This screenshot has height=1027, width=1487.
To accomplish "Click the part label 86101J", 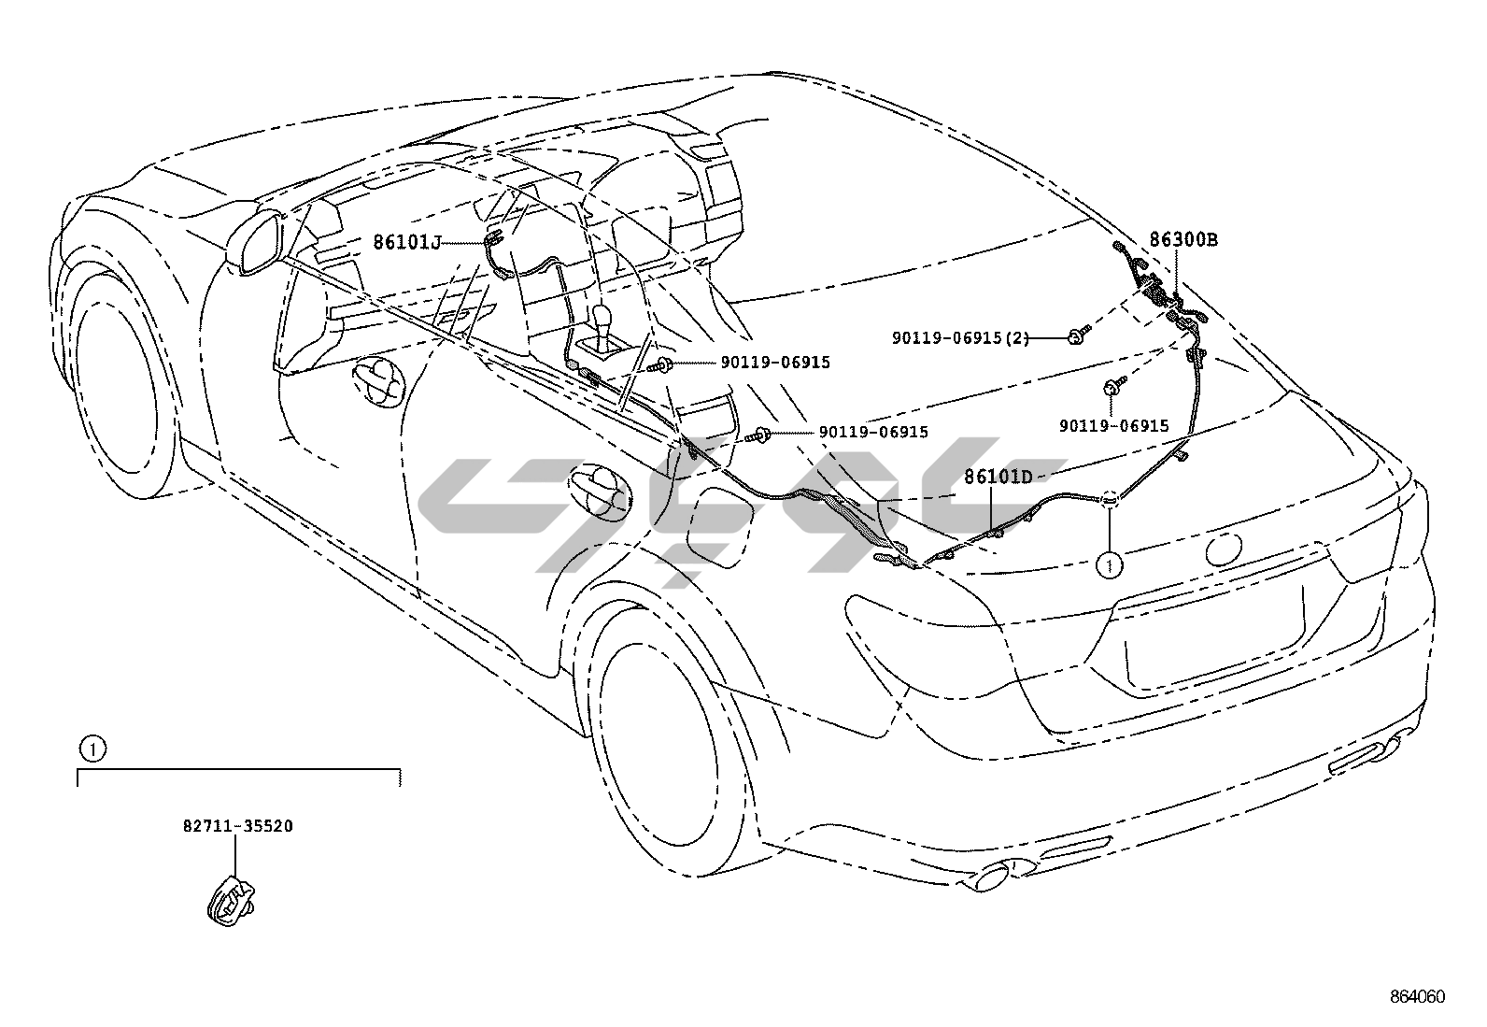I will (406, 242).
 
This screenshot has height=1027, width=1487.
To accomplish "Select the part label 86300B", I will (1183, 239).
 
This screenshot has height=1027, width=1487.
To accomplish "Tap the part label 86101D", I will (998, 477).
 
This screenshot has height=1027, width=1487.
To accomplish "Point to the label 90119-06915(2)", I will (960, 337).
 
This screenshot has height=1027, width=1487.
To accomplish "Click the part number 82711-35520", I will (237, 826).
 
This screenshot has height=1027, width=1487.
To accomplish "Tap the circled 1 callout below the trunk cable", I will (1109, 563).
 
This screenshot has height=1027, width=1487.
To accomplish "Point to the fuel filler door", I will (718, 532).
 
